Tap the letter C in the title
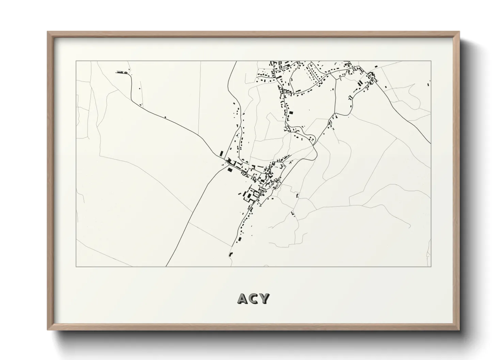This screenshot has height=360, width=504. (x=253, y=298)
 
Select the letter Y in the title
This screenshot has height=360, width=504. (x=264, y=298)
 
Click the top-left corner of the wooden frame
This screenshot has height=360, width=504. (x=48, y=32)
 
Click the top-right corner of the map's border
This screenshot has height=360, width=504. (x=431, y=61)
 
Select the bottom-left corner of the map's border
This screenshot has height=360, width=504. (x=76, y=266)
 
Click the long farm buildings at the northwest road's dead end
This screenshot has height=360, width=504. (x=121, y=72)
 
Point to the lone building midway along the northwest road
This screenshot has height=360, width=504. (x=165, y=117)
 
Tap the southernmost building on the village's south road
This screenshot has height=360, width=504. (x=231, y=254)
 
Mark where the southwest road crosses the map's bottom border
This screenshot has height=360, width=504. (x=166, y=266)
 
